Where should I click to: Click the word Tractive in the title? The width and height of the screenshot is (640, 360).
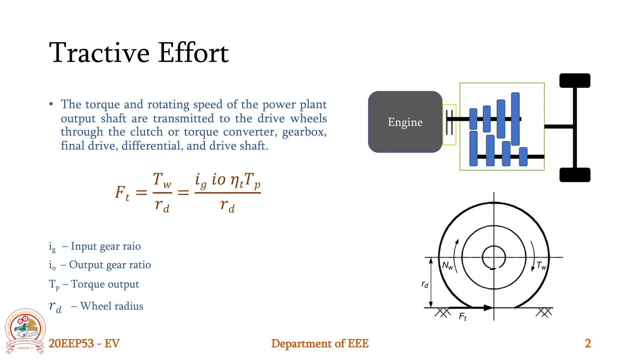tap(99, 53)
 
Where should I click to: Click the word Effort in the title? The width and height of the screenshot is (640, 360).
tap(193, 53)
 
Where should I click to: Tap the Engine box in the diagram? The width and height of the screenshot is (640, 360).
tap(405, 122)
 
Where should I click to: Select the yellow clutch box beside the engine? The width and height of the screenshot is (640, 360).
tap(449, 125)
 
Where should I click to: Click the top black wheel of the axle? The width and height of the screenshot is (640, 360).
tap(574, 81)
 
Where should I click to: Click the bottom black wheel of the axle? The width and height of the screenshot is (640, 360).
tap(574, 175)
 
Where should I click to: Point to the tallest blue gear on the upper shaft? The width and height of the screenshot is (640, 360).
tap(515, 119)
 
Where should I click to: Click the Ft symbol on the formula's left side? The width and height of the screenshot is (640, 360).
tap(122, 193)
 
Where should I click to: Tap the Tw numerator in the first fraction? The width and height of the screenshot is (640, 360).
tap(162, 181)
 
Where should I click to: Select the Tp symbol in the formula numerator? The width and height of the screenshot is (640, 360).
tap(252, 181)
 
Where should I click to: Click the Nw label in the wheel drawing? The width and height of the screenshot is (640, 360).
tap(447, 266)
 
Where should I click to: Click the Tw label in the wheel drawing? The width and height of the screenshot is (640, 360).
tap(541, 266)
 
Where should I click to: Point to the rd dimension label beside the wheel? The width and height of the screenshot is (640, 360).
tap(425, 284)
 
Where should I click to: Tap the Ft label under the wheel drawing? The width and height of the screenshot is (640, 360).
tap(462, 317)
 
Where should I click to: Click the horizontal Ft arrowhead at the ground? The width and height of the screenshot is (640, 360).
tap(487, 308)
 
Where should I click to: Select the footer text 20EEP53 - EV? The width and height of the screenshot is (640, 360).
tap(84, 343)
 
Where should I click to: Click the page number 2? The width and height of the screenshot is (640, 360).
tap(587, 343)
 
